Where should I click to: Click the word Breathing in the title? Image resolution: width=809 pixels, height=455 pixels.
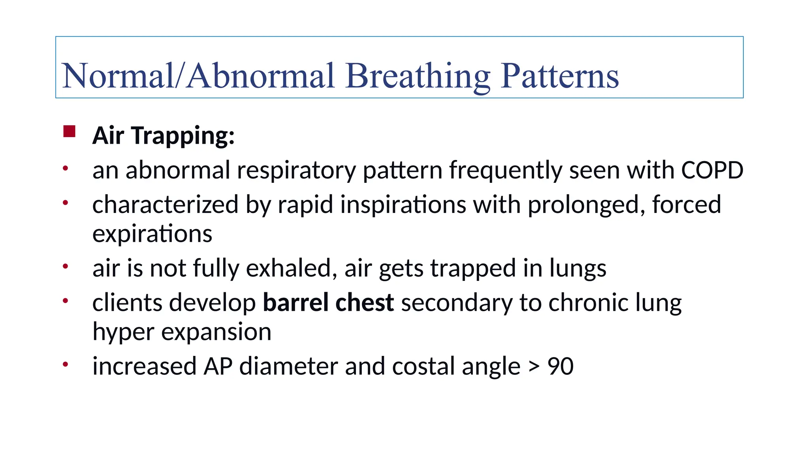(x=418, y=76)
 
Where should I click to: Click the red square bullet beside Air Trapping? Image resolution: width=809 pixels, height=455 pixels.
(x=69, y=132)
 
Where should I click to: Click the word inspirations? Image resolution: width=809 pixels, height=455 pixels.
(x=403, y=205)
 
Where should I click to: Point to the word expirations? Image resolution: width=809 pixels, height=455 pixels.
(x=152, y=234)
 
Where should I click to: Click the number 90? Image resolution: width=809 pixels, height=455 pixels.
(x=560, y=367)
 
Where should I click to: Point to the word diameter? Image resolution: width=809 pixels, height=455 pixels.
(x=288, y=367)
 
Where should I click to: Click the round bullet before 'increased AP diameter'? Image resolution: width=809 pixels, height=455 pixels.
(x=66, y=364)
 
